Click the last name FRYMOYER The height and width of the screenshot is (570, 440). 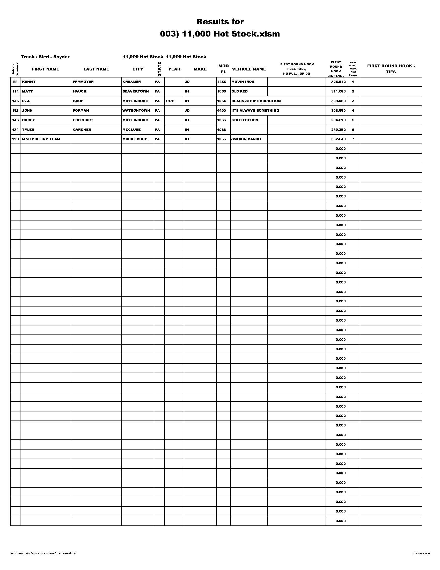tap(83, 82)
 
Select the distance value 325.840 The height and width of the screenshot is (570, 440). tap(338, 82)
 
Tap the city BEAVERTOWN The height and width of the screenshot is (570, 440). tap(136, 91)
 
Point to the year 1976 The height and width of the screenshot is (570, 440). tap(170, 101)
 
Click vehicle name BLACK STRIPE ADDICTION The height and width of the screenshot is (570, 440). tap(256, 101)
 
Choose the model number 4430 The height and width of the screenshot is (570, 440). tap(222, 111)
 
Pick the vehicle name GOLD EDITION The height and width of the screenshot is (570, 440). tap(245, 120)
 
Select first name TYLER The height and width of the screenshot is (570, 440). tap(28, 130)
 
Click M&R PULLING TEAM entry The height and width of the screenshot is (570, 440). tap(41, 139)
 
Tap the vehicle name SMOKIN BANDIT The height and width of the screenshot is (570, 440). tap(246, 139)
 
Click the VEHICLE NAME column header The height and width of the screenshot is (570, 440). tap(249, 69)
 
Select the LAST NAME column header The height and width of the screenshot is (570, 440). tap(96, 69)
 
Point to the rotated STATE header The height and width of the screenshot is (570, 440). tap(159, 69)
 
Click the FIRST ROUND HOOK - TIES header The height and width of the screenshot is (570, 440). tap(391, 69)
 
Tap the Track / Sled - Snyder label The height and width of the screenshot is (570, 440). tap(45, 57)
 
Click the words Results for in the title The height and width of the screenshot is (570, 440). tap(220, 22)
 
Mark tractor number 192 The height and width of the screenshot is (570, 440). tap(15, 111)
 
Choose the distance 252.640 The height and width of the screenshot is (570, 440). tap(338, 139)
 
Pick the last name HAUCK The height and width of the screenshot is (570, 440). tap(80, 91)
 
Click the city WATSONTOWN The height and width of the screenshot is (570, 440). tap(136, 111)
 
